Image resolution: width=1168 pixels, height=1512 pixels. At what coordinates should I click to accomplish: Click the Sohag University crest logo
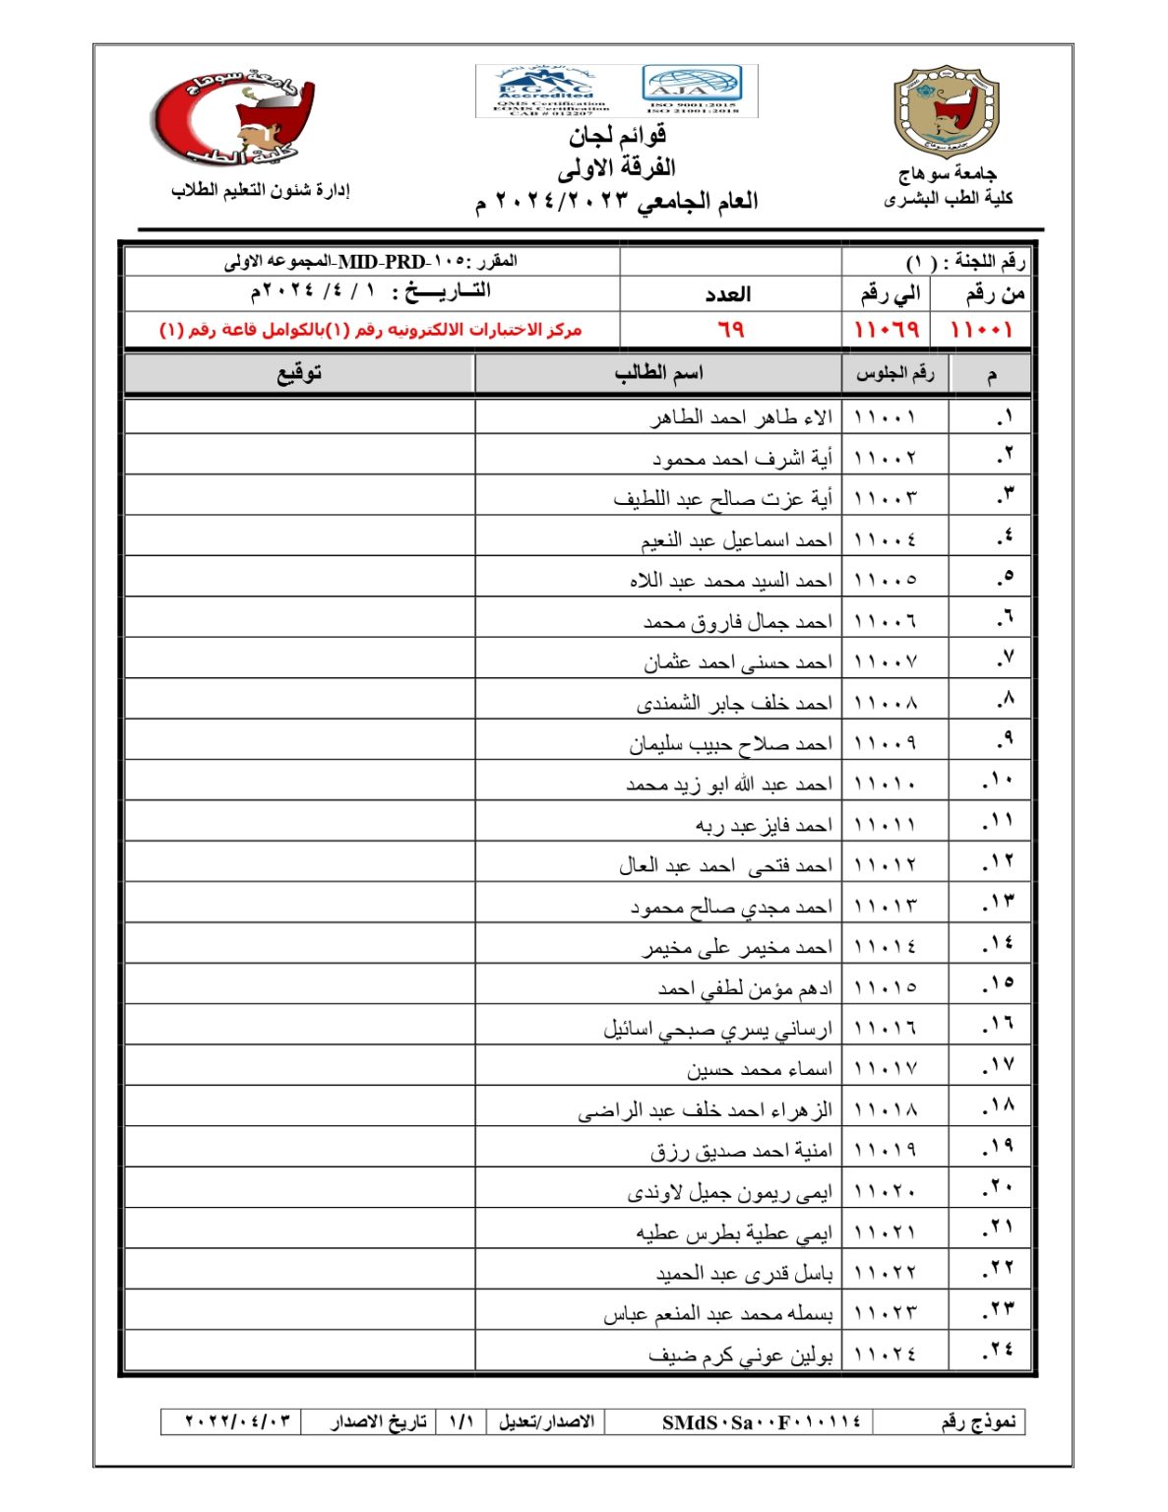click(945, 112)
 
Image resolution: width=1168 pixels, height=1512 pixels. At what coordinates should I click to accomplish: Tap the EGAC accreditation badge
click(553, 91)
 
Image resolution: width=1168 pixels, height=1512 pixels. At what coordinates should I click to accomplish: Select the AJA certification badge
click(692, 89)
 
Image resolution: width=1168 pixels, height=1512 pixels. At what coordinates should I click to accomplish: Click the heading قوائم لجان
click(617, 136)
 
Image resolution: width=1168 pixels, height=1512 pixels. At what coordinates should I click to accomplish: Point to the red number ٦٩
click(730, 329)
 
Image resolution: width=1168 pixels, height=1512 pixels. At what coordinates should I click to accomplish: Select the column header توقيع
click(299, 373)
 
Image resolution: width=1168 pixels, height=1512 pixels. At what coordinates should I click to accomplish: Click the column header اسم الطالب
click(658, 373)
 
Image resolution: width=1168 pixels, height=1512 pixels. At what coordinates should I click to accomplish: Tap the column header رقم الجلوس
click(894, 373)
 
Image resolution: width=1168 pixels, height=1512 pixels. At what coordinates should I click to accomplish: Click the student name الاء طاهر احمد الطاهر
click(741, 417)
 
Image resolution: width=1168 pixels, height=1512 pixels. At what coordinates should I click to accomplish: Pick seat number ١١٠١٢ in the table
click(885, 865)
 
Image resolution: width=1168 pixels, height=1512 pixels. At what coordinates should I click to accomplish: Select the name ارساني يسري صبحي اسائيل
click(717, 1029)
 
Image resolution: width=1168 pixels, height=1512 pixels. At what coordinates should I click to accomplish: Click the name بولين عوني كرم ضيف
click(740, 1355)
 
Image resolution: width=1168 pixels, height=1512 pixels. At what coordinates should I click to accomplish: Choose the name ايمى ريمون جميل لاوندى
click(729, 1192)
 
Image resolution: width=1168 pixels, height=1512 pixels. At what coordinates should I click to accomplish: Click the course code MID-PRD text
click(382, 262)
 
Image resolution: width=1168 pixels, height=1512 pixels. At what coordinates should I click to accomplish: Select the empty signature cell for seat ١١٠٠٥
click(299, 578)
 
